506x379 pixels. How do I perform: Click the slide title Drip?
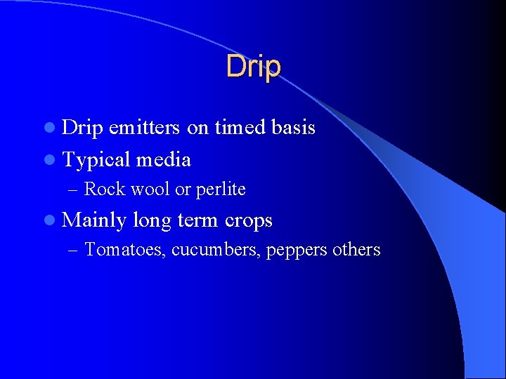(253, 67)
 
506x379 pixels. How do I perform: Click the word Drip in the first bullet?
(83, 127)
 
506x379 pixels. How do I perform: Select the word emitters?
(145, 127)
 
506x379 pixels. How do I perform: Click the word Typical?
(96, 160)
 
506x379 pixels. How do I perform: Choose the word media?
(163, 159)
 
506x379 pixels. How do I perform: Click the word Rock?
(103, 189)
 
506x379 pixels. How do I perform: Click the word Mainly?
(94, 221)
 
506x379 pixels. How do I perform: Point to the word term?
(198, 221)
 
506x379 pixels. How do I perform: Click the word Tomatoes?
(124, 250)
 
